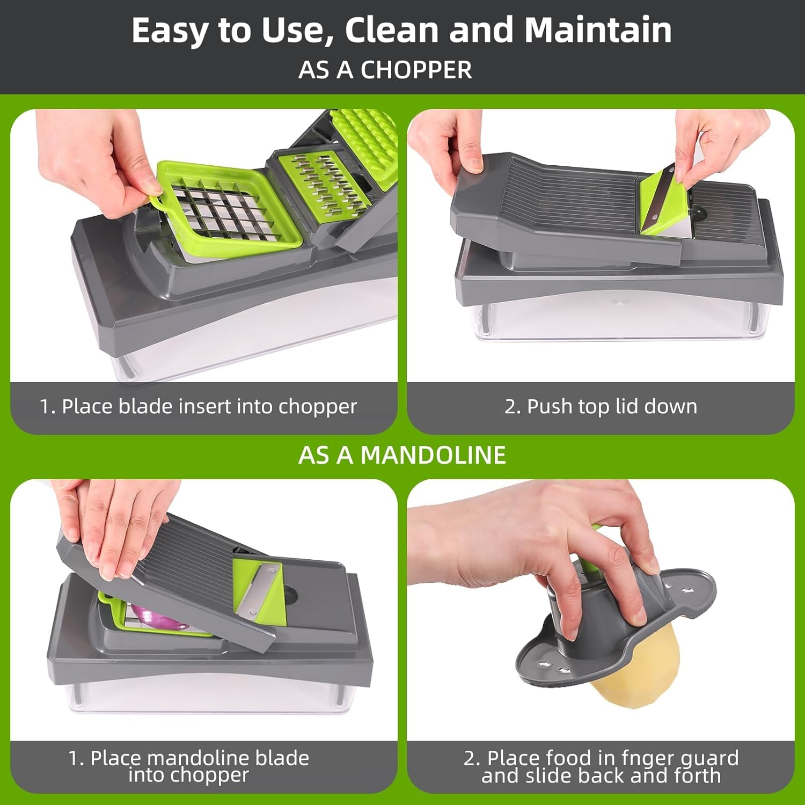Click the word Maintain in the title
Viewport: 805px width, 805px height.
tap(598, 30)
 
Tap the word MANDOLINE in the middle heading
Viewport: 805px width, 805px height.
tap(433, 455)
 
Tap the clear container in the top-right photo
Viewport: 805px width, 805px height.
tap(617, 322)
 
